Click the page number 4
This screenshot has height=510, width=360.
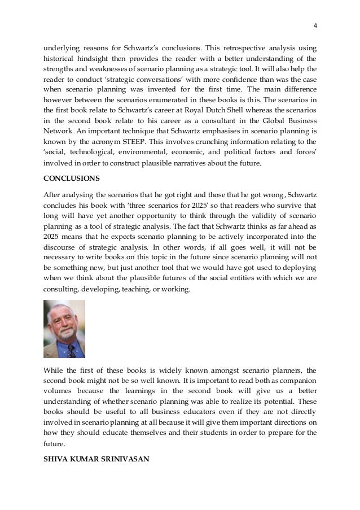click(315, 25)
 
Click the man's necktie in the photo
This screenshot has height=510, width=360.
click(71, 351)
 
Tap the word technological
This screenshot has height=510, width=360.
click(94, 153)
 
